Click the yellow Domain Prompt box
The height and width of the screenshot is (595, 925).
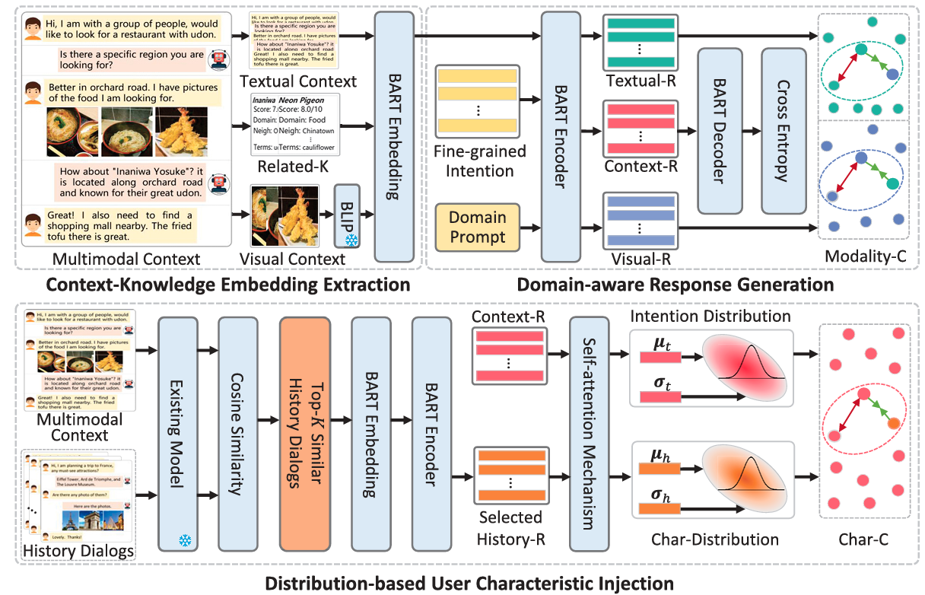[477, 227]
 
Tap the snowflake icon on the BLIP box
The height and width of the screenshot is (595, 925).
[350, 240]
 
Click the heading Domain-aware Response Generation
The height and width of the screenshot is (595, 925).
[675, 285]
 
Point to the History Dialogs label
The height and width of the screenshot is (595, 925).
[79, 550]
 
